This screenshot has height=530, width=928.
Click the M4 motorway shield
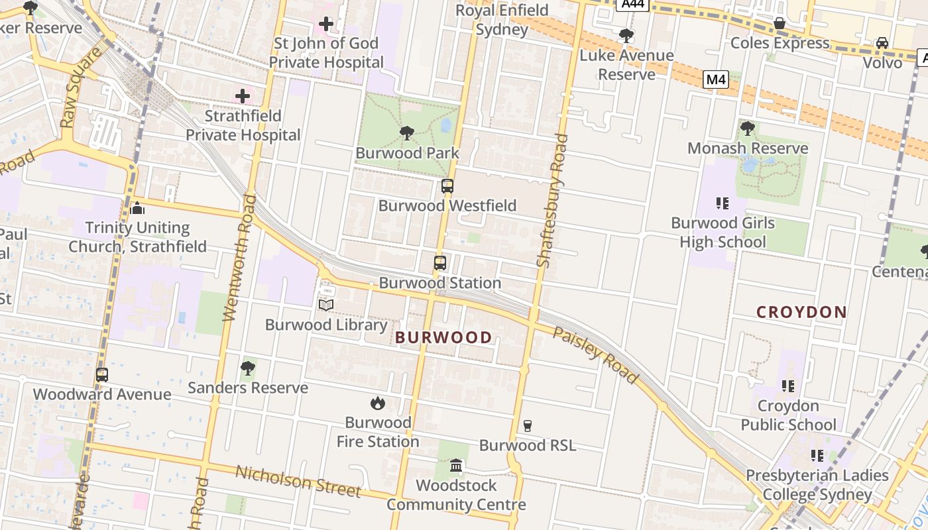click(716, 80)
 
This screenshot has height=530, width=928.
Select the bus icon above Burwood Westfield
click(447, 186)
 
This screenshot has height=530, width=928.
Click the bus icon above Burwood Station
click(440, 263)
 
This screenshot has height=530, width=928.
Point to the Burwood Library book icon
click(325, 305)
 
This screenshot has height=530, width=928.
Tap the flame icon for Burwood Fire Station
click(377, 403)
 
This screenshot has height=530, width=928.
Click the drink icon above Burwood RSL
click(528, 425)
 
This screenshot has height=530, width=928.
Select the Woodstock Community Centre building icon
click(456, 466)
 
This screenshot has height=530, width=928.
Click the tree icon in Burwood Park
click(407, 133)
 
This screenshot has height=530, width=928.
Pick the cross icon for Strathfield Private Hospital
click(243, 96)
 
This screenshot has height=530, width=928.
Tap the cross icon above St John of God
click(326, 25)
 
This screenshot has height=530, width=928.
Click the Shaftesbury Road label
click(553, 201)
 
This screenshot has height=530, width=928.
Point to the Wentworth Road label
click(239, 258)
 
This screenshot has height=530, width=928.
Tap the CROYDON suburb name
click(801, 312)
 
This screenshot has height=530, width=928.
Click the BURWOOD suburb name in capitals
click(443, 338)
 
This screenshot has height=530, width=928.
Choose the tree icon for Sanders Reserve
click(248, 368)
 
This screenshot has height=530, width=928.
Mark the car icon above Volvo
click(882, 43)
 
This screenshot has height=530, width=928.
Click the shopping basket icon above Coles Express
click(780, 23)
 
